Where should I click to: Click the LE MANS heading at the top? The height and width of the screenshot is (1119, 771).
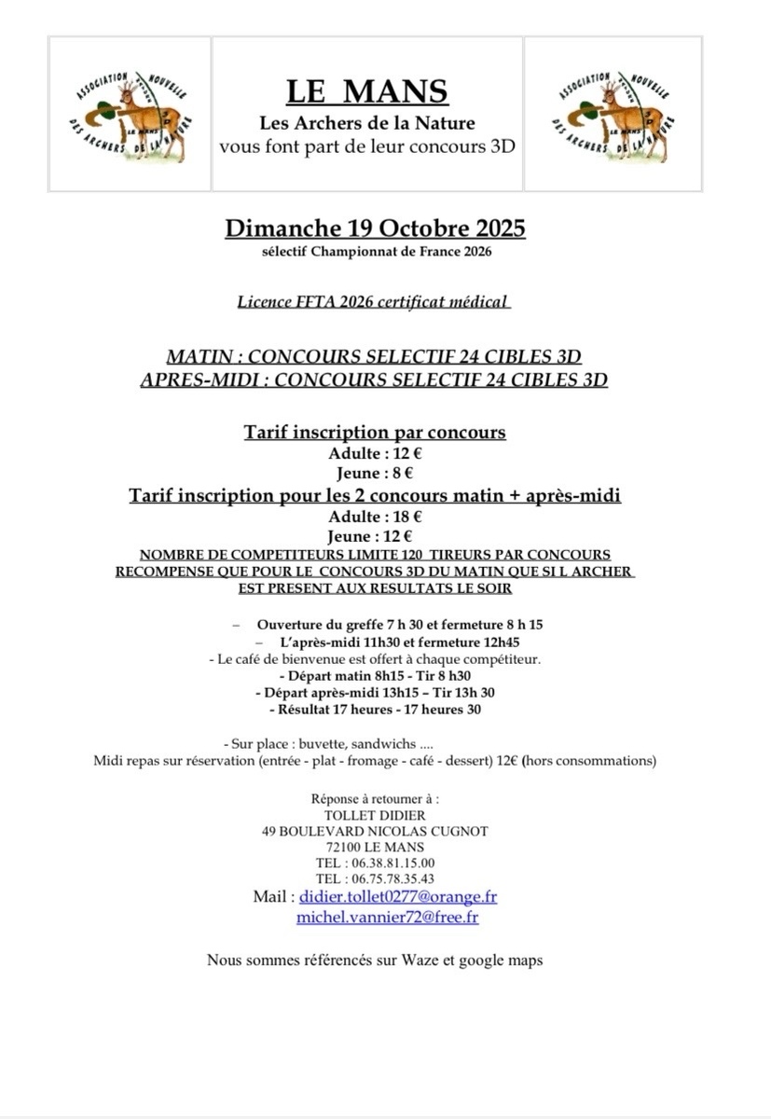click(366, 91)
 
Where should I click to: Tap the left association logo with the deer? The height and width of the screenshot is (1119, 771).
click(131, 114)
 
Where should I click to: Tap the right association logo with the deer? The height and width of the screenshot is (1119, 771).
click(613, 114)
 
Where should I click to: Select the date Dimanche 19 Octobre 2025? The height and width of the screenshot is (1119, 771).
click(375, 228)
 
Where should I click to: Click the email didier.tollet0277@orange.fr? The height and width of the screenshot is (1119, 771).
click(398, 896)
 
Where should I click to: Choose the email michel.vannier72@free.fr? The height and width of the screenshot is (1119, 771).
click(387, 917)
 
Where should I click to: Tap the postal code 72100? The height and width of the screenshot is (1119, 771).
click(346, 847)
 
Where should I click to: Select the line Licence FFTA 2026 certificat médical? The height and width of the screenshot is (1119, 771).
click(373, 301)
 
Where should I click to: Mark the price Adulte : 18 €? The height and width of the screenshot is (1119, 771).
click(375, 516)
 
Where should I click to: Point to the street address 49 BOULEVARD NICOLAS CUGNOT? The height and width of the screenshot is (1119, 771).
click(375, 831)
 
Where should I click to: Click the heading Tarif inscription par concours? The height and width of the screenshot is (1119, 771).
click(375, 432)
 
